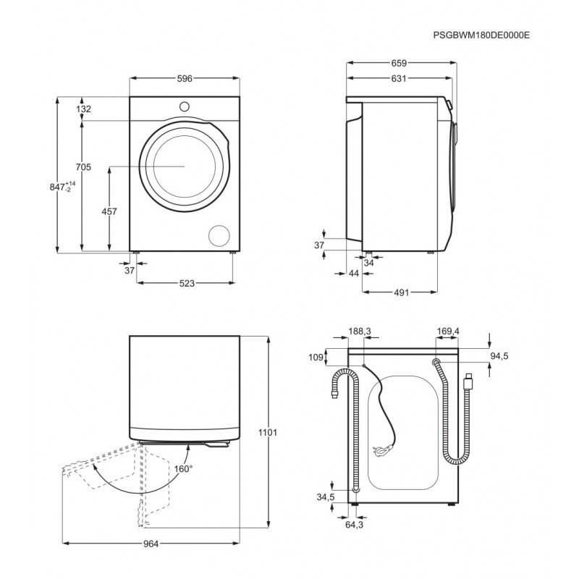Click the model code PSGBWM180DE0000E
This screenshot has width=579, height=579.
click(481, 35)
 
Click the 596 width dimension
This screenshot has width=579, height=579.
click(185, 78)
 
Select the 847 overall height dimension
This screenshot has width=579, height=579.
click(62, 187)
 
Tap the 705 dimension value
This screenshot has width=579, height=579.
click(83, 167)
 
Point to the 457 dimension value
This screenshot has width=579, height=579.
click(109, 211)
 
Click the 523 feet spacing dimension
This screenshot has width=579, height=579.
click(187, 283)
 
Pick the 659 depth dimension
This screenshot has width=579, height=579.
click(399, 63)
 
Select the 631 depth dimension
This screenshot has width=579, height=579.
click(399, 78)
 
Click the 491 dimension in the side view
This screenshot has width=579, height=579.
click(402, 292)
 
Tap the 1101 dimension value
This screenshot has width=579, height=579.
click(268, 432)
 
